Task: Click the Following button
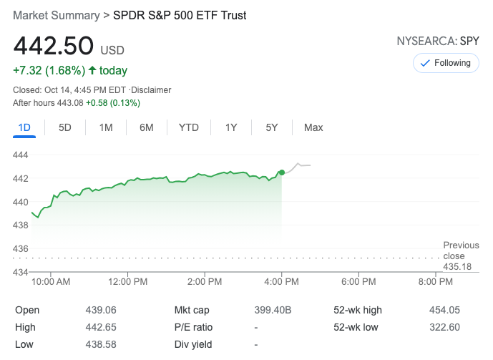(446, 63)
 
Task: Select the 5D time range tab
(65, 127)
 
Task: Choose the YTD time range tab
(189, 127)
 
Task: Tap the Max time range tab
(313, 127)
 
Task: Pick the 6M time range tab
(147, 127)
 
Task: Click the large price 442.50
(54, 46)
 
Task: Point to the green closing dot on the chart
(282, 172)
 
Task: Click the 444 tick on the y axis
(21, 155)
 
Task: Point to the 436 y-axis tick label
(21, 248)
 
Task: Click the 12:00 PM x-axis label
(128, 282)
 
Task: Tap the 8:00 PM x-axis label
(435, 282)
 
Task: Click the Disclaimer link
(151, 90)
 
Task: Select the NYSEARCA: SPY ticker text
(438, 42)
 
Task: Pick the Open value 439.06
(101, 310)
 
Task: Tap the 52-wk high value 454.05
(444, 310)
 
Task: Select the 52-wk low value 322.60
(444, 327)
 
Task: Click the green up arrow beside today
(92, 71)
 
